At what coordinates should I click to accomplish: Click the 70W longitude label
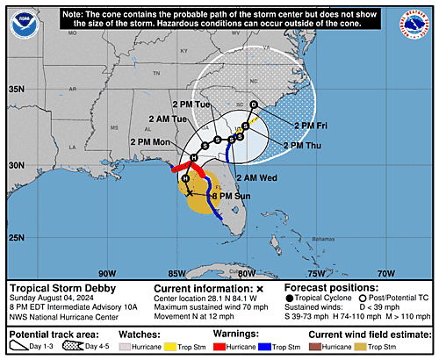tap(385, 271)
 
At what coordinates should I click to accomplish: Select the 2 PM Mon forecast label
tap(150, 142)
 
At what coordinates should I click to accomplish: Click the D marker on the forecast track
tap(254, 104)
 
